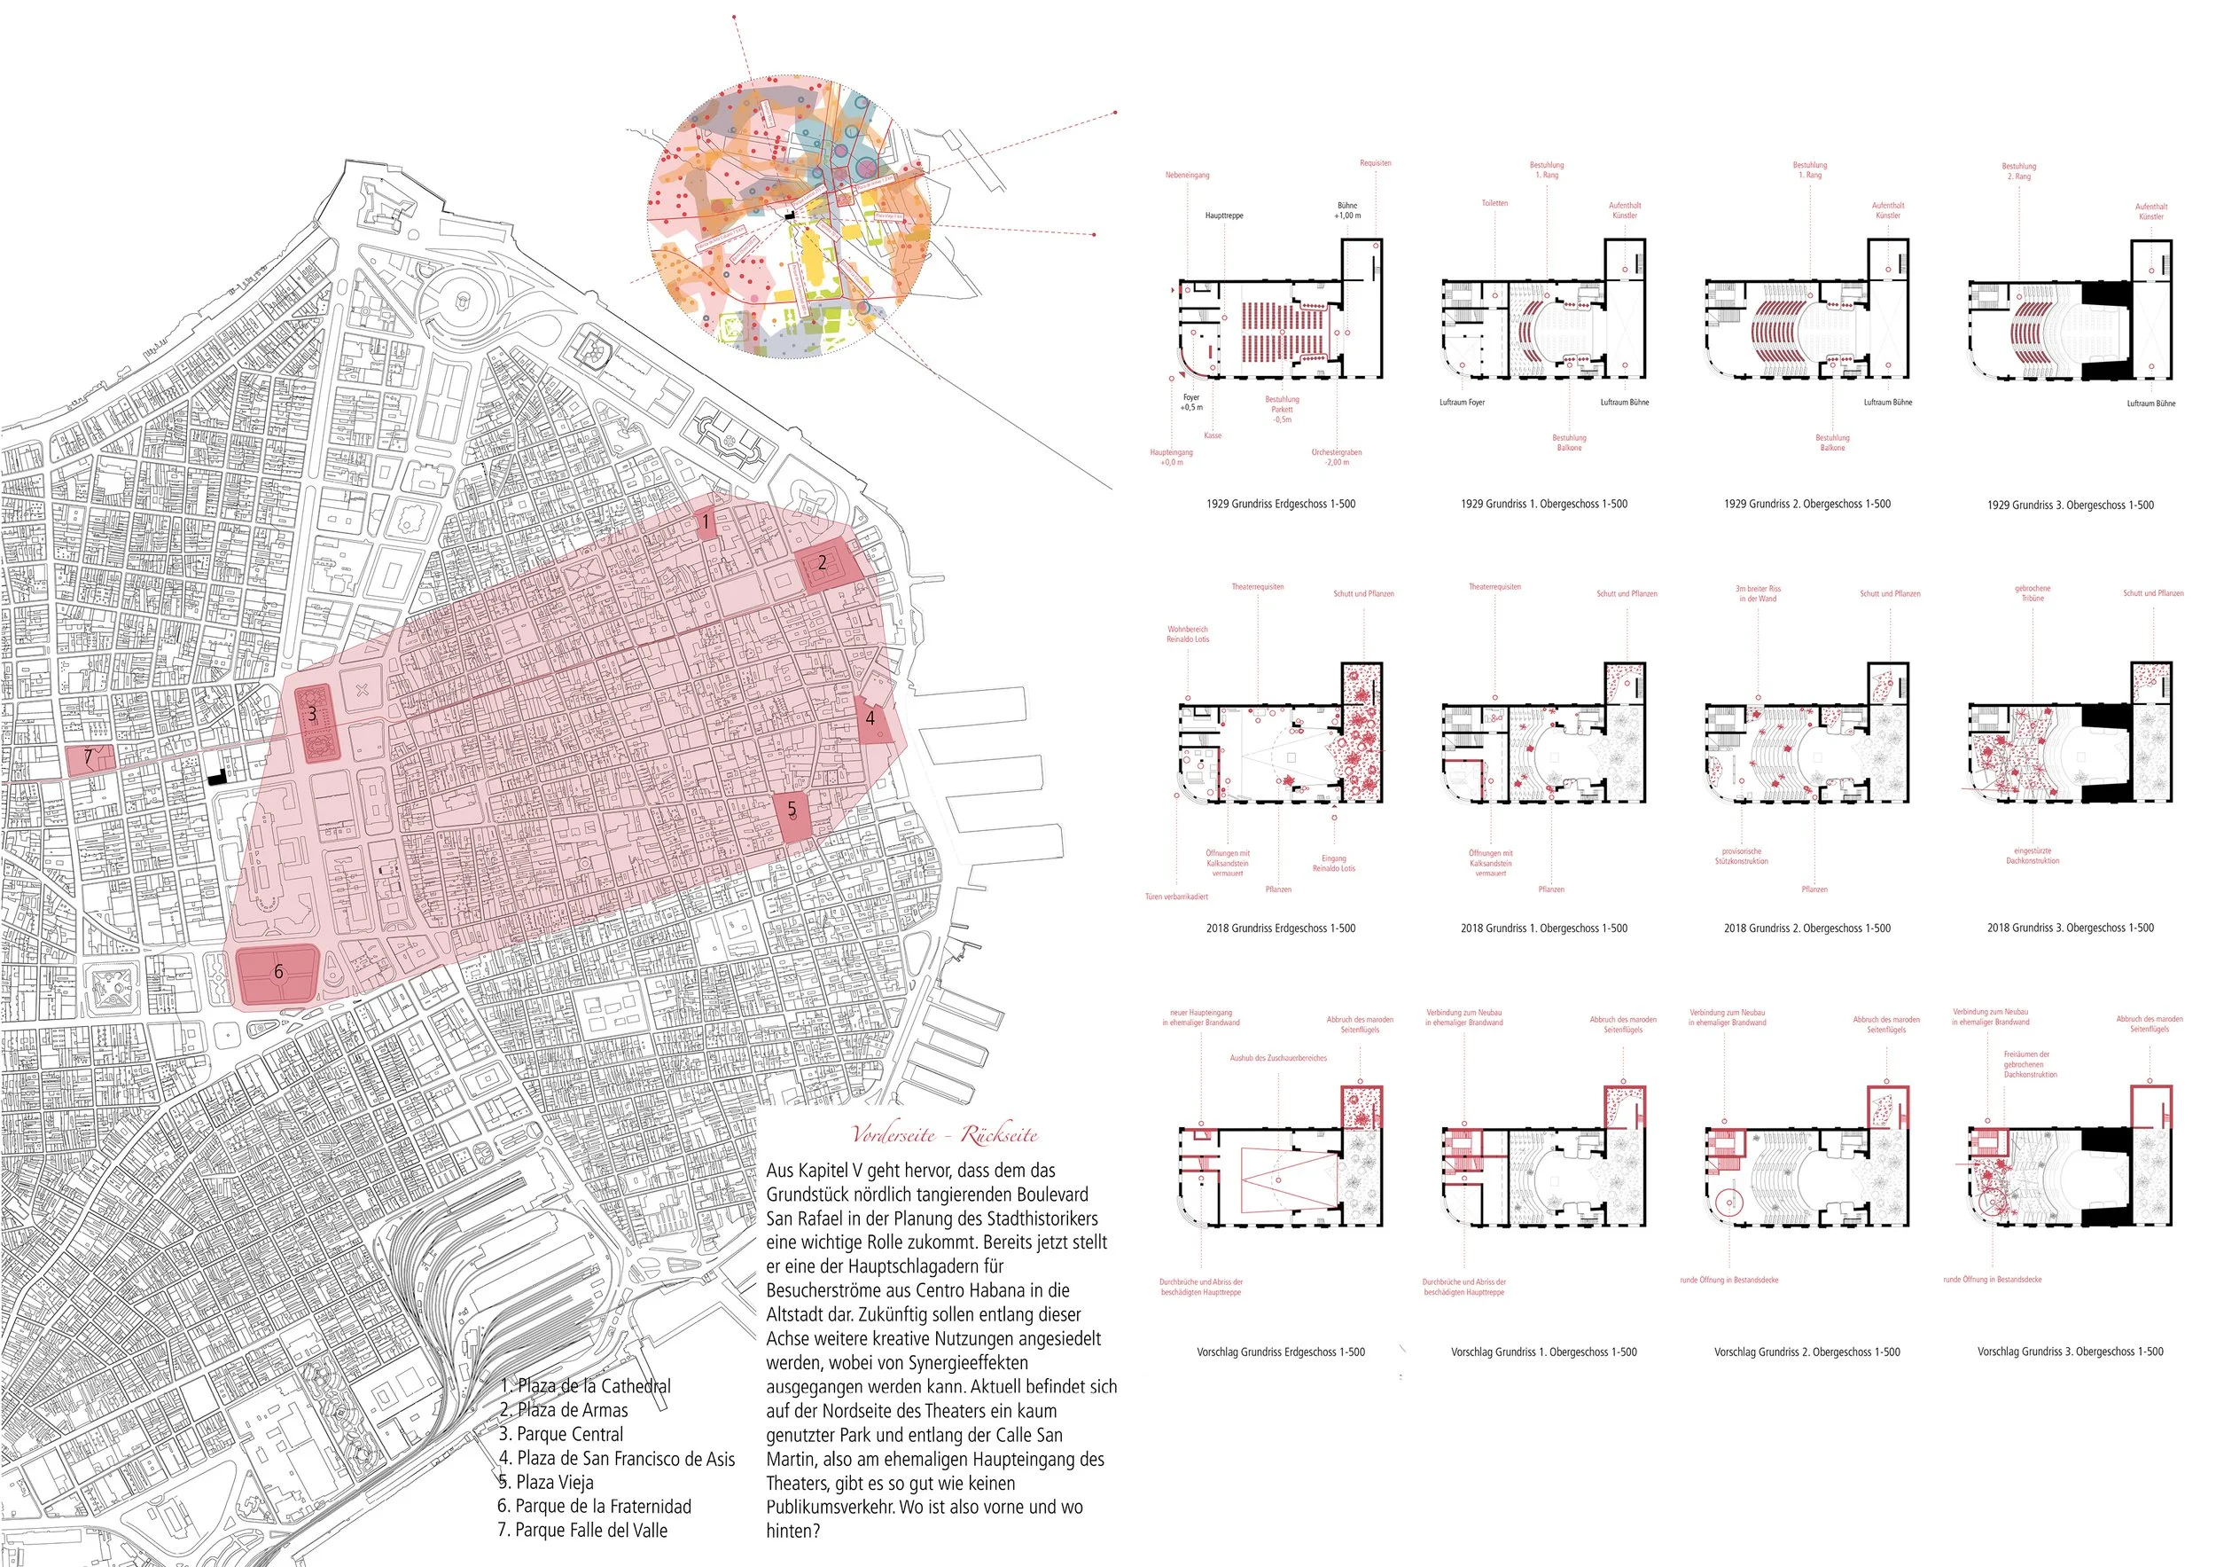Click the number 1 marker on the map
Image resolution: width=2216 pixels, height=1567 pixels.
(706, 522)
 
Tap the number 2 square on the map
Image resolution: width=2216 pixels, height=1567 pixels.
(823, 563)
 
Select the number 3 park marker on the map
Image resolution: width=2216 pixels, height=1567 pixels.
(312, 716)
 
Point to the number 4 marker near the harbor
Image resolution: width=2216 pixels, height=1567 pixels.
(870, 718)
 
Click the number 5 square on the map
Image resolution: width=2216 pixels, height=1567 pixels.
(792, 810)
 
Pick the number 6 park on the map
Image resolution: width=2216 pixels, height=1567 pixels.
(278, 972)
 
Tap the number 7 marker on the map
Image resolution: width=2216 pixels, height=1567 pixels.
(89, 758)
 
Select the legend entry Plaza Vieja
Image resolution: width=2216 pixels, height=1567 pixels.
(546, 1482)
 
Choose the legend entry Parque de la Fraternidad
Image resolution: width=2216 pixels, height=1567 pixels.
(594, 1506)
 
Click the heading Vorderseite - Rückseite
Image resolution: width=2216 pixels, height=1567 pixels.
(944, 1135)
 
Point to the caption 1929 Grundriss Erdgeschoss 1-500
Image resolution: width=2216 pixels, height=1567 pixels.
(1280, 504)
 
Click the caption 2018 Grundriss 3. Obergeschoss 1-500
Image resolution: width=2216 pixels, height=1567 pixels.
(2071, 928)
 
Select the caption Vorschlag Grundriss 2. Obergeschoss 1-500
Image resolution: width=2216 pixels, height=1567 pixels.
(1806, 1352)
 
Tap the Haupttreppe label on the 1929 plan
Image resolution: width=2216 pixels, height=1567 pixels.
(1224, 215)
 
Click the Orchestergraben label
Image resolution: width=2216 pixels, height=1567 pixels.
(1336, 457)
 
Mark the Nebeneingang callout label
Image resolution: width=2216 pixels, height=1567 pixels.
(1186, 176)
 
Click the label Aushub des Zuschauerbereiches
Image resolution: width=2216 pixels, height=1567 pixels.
(1278, 1058)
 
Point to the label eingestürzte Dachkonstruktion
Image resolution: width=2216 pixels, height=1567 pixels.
(2033, 856)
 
